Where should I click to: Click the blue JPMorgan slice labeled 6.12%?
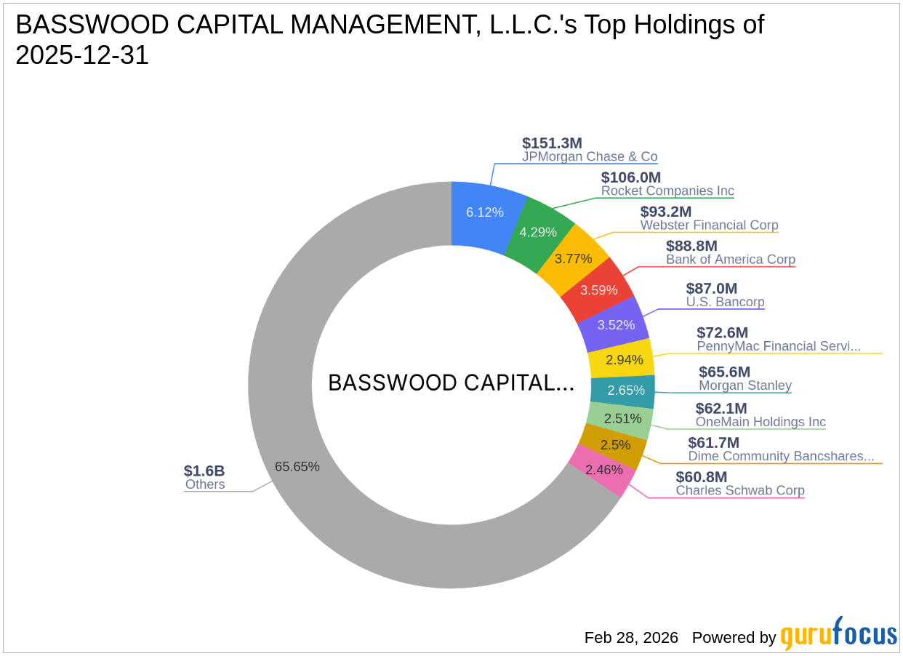[484, 212]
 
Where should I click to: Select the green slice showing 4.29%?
[538, 232]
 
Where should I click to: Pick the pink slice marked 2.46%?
[603, 470]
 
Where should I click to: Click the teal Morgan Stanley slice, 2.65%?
[626, 391]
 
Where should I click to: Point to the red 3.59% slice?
[599, 289]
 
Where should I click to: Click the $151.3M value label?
[552, 143]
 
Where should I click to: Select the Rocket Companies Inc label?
[667, 191]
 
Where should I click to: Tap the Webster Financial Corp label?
[709, 225]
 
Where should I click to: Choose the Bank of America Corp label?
[730, 260]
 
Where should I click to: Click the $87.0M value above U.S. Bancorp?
[711, 288]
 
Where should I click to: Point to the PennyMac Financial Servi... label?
[778, 346]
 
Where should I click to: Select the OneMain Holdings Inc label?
[760, 422]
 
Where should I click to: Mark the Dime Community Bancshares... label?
[781, 456]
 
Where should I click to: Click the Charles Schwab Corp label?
[740, 490]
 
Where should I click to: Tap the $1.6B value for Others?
[204, 471]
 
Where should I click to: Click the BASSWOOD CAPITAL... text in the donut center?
[451, 383]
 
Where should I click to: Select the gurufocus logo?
[839, 634]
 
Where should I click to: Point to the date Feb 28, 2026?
[631, 638]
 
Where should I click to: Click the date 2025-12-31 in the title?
[82, 55]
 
